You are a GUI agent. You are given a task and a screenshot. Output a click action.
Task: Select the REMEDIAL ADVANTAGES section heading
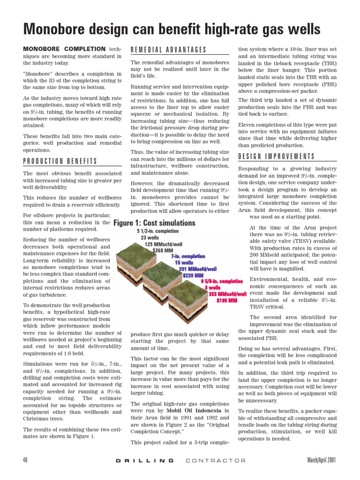(168, 50)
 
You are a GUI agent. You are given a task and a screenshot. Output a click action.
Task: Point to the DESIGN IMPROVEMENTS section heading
(277, 157)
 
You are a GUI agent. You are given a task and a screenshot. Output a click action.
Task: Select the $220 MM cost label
(193, 275)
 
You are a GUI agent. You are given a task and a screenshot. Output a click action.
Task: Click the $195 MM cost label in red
(226, 300)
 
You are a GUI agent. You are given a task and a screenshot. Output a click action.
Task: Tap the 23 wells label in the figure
(150, 238)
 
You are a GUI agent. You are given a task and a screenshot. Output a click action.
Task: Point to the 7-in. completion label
(188, 256)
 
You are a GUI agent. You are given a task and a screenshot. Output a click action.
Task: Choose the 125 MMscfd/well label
(164, 244)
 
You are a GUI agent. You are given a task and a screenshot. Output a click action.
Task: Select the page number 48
(25, 460)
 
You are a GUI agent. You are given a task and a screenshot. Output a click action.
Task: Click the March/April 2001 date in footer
(322, 460)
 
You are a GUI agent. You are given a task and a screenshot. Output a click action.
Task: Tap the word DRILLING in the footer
(144, 461)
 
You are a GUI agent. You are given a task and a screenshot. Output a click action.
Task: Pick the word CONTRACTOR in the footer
(216, 461)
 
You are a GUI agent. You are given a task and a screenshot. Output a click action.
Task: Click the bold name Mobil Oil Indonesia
(193, 411)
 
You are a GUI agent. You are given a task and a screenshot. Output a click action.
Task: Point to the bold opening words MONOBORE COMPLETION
(64, 49)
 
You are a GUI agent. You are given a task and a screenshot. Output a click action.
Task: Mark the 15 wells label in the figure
(184, 263)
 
